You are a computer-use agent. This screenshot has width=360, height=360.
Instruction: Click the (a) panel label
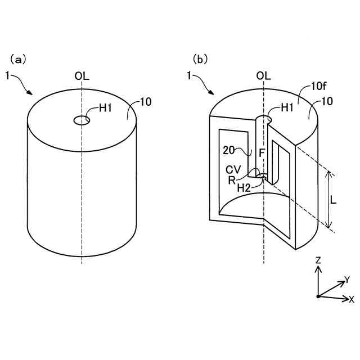coord(17,58)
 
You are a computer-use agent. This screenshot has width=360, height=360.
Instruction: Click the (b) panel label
coord(200,58)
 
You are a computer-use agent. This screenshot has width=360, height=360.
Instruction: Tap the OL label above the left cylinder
coord(82,75)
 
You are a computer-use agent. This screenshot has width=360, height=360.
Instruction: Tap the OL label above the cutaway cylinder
coord(263,75)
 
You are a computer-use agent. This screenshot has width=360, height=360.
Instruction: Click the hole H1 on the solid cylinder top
coord(82,119)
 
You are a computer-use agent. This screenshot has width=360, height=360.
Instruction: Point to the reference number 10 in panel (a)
coord(145,102)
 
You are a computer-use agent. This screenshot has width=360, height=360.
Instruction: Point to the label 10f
coord(318,87)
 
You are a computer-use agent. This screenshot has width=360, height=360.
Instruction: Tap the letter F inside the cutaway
coord(262,152)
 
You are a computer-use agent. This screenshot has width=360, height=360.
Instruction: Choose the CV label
coord(233,169)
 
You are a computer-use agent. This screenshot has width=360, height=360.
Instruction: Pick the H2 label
coord(244,188)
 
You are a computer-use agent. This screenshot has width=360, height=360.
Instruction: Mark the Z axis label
coord(318,260)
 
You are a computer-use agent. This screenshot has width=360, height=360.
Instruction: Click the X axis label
coord(352,299)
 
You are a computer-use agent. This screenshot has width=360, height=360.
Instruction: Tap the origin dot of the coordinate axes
coord(318,296)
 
